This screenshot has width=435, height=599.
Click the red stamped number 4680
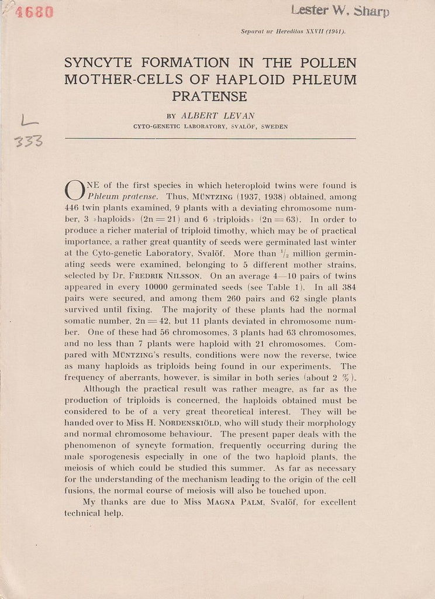click(34, 12)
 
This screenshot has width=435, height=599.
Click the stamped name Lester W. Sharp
click(340, 10)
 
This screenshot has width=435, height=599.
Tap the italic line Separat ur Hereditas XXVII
click(293, 32)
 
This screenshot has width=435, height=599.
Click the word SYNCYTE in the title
click(99, 63)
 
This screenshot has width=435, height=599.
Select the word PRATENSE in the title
click(209, 96)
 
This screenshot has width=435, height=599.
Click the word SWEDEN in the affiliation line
click(274, 126)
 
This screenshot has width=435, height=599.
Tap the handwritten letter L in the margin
click(29, 121)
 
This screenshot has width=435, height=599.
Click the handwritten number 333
click(29, 140)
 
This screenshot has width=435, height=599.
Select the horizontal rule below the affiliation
click(210, 139)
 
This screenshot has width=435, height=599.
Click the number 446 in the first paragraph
click(72, 208)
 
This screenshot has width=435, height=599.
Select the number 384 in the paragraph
click(347, 287)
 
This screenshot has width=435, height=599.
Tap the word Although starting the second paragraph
click(105, 389)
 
